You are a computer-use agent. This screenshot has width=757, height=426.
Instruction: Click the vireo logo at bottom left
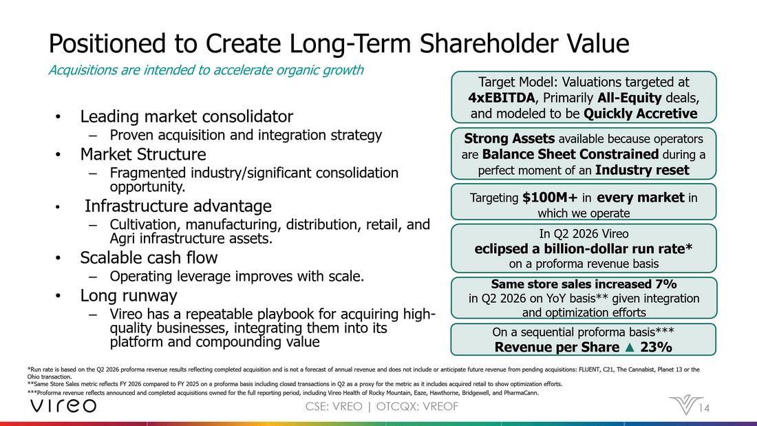(63, 406)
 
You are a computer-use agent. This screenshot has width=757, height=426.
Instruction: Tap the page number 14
(705, 408)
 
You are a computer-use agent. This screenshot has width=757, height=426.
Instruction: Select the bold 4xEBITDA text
(502, 98)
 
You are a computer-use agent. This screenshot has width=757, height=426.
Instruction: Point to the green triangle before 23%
(629, 347)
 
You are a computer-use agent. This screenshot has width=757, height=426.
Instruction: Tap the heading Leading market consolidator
(186, 116)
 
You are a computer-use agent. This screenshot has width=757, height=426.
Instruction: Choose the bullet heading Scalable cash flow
(149, 258)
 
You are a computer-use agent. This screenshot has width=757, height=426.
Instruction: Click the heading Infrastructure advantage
(178, 206)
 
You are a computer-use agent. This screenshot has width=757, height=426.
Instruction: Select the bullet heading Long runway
(129, 296)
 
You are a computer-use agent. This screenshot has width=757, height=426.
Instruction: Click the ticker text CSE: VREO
(334, 407)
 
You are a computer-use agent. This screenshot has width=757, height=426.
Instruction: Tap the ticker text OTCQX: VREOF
(417, 407)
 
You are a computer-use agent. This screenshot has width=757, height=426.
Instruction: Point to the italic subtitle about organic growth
(206, 70)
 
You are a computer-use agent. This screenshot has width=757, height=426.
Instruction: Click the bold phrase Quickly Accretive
(640, 114)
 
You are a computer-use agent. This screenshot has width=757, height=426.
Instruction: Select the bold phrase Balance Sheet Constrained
(571, 155)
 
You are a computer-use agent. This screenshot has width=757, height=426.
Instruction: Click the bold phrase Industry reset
(642, 170)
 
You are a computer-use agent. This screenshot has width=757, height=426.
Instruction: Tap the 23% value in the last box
(655, 348)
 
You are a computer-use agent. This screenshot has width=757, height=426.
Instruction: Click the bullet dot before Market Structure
(58, 155)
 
